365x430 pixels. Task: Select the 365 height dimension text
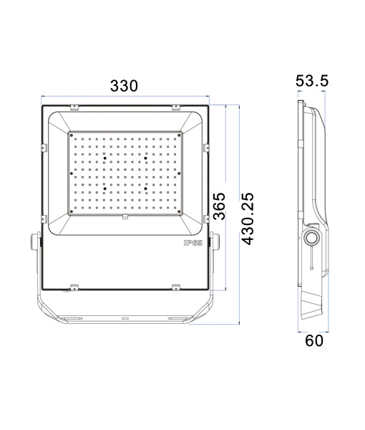pos(220,208)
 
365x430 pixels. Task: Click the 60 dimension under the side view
pos(314,340)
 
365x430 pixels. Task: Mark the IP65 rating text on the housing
pos(193,243)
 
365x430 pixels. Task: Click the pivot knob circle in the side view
pos(312,238)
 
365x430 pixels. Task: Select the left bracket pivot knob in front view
pos(34,244)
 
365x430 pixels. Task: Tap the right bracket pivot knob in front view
pos(215,244)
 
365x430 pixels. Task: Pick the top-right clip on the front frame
pos(176,107)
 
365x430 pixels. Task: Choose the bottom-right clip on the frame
pos(176,288)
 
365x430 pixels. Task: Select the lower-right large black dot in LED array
pos(145,189)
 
